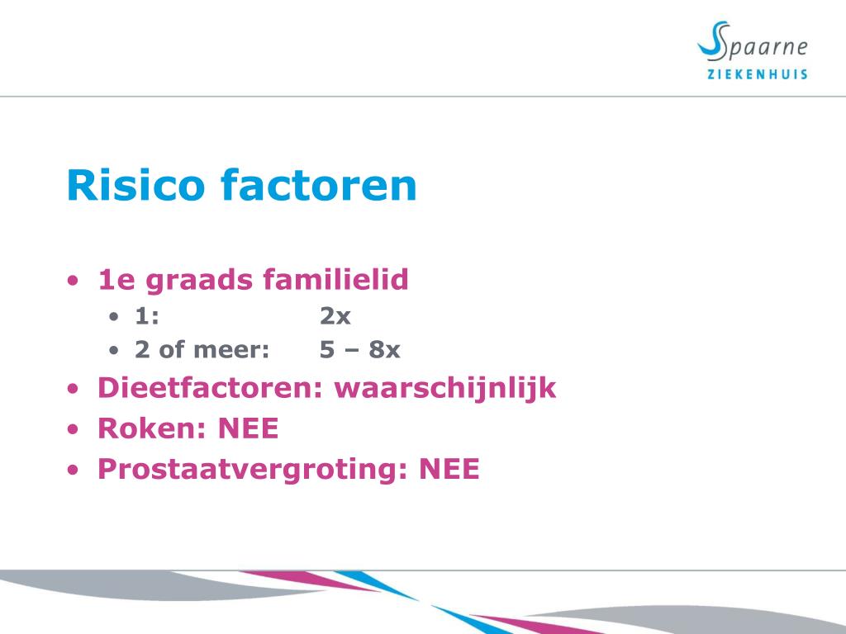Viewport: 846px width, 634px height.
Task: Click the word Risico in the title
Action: click(135, 185)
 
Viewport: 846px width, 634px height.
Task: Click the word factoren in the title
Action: click(319, 185)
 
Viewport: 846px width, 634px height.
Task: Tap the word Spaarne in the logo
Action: click(763, 47)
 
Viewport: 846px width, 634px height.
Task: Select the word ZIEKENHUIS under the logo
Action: click(758, 74)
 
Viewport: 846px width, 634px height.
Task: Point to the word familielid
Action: click(335, 279)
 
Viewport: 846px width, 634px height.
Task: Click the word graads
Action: click(199, 281)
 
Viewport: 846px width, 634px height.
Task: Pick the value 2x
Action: click(335, 316)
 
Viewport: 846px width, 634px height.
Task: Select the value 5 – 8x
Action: click(360, 349)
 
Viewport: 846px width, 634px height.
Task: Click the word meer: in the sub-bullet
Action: click(231, 349)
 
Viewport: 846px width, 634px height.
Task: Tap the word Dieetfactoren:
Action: click(211, 387)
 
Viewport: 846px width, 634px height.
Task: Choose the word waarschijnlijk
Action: click(445, 388)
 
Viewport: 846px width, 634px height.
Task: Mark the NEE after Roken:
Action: click(248, 428)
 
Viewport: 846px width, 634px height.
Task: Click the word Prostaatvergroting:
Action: click(253, 469)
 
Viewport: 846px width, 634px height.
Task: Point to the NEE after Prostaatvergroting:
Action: click(449, 468)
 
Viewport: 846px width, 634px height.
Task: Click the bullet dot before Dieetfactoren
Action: click(73, 389)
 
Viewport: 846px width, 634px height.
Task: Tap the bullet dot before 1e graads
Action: click(73, 281)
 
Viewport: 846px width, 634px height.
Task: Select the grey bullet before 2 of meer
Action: click(113, 350)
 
